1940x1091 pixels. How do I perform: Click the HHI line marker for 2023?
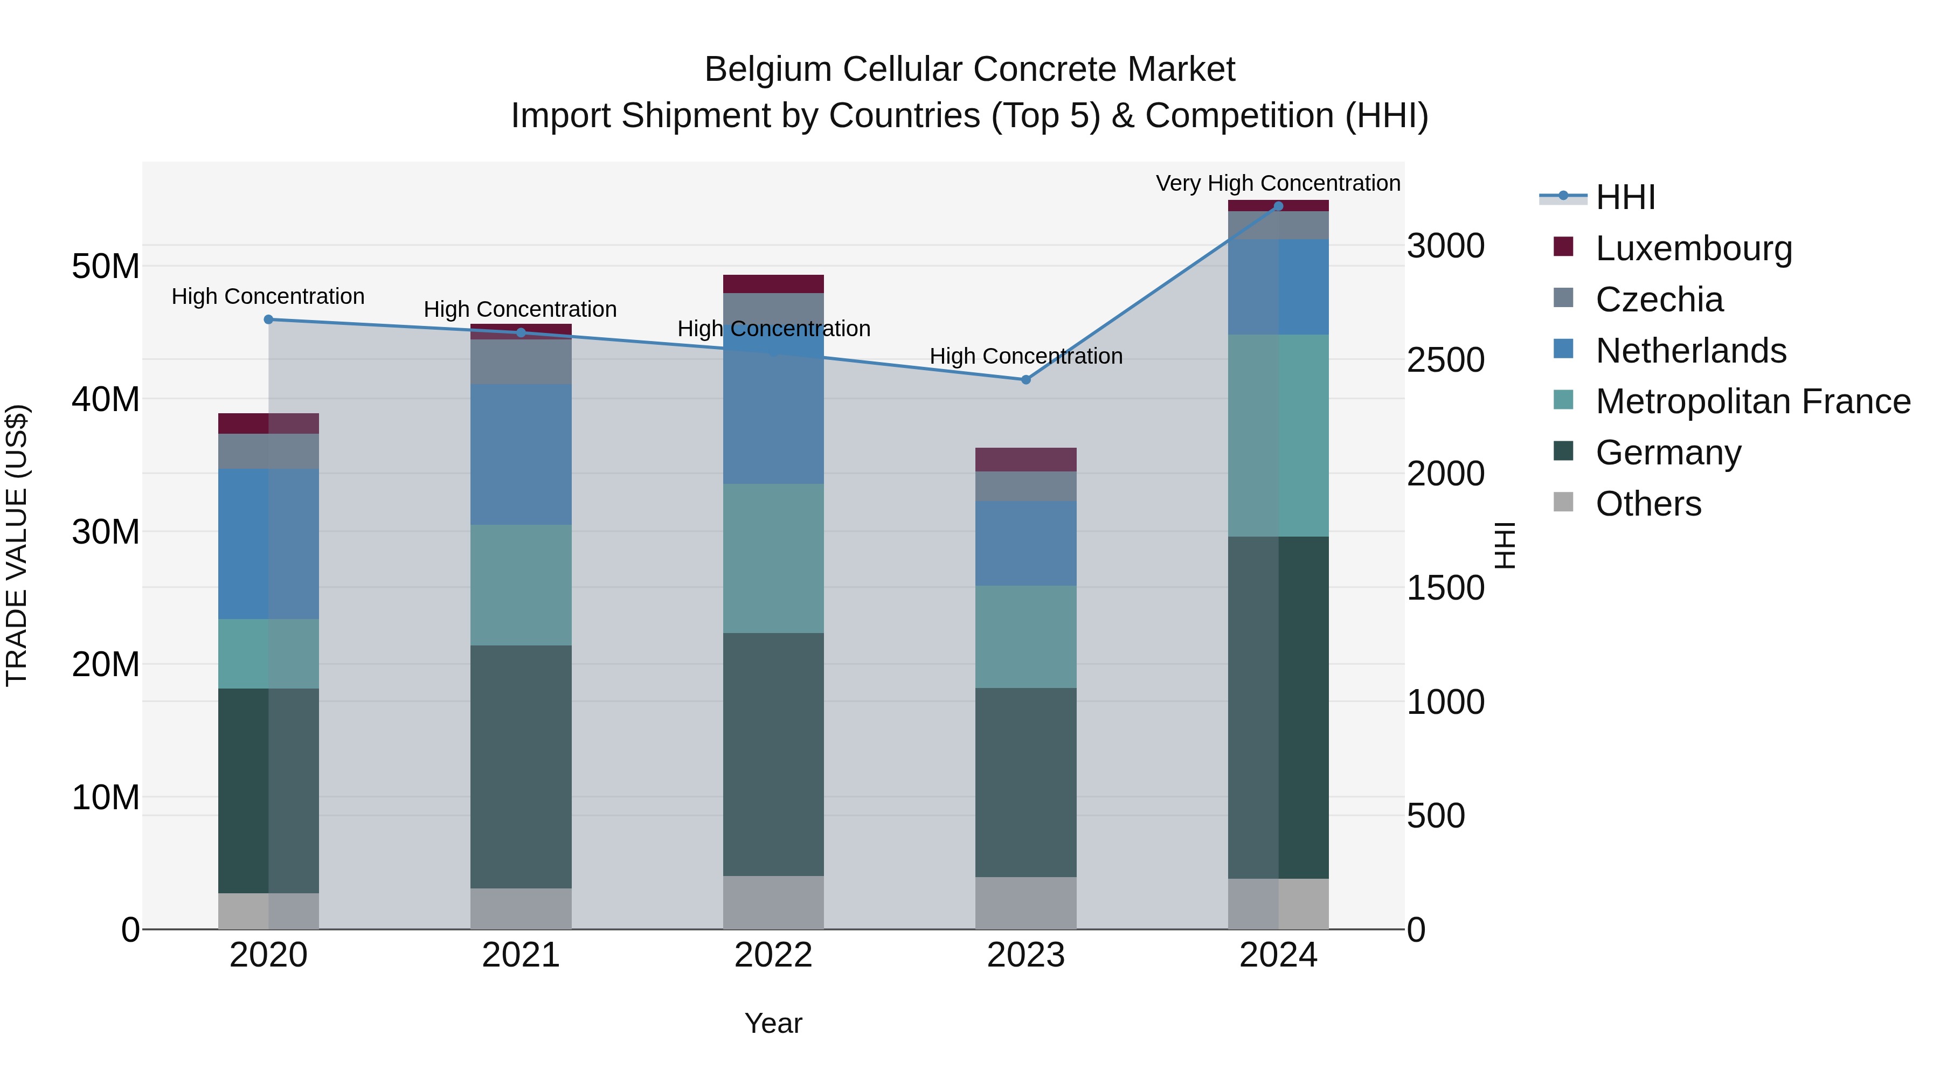1026,379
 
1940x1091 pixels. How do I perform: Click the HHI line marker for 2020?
268,319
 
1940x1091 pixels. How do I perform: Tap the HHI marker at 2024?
1278,206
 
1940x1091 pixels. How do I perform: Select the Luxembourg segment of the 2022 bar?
773,284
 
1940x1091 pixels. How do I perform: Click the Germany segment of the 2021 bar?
521,767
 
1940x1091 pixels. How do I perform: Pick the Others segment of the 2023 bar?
1026,903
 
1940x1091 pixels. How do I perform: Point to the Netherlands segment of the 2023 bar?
1026,544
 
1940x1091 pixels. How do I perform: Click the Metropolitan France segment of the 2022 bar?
773,558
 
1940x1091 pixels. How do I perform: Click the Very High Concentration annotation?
1278,183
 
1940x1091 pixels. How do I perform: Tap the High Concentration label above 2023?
1026,356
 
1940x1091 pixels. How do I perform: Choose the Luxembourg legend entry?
1693,248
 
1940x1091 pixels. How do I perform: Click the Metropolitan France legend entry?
1752,401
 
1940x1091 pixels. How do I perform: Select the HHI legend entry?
1624,197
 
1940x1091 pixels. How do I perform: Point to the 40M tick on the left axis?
106,399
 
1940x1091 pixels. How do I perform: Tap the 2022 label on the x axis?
773,955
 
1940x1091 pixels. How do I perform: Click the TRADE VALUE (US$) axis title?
17,545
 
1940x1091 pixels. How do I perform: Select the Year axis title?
773,1023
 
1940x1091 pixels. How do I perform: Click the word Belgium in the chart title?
767,70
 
